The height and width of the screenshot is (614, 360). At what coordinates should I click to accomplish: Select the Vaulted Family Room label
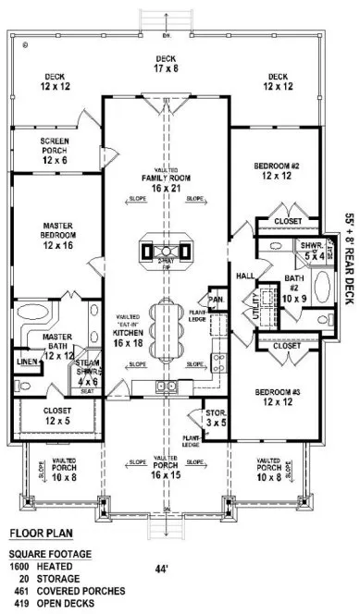(x=167, y=181)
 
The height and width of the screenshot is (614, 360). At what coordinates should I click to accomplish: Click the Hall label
(x=245, y=275)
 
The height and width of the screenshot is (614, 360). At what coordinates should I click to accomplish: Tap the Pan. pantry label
(x=216, y=300)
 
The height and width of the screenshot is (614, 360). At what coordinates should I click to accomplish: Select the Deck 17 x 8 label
(x=167, y=62)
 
